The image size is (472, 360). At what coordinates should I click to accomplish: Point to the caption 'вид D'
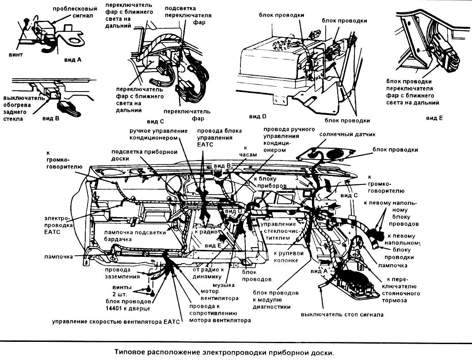(258, 117)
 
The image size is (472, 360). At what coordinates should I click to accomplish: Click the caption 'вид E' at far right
(434, 118)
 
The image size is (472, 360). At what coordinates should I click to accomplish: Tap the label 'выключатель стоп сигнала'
(342, 315)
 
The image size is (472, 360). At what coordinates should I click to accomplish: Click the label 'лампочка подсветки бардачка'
(135, 236)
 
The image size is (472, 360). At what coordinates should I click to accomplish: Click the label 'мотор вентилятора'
(220, 295)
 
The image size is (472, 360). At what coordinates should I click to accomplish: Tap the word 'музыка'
(224, 285)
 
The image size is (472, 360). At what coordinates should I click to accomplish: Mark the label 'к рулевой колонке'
(289, 257)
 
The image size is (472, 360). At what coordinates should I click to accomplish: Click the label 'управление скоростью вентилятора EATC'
(116, 322)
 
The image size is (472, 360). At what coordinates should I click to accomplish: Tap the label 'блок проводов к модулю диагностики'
(276, 300)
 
